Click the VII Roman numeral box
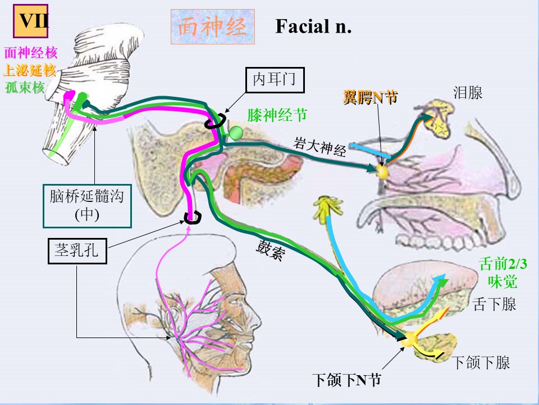[30, 21]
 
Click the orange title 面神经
[212, 27]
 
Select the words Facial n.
[313, 26]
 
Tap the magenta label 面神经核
[31, 53]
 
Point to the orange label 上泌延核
[29, 71]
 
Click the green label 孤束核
[25, 87]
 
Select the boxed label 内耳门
[275, 80]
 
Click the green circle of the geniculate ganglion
[236, 133]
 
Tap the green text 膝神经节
[277, 115]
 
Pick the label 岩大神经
[319, 147]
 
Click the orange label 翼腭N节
[370, 97]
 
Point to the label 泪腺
[468, 93]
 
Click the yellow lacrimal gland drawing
[438, 117]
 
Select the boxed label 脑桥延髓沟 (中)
[88, 206]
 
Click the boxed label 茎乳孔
[77, 251]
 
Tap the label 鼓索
[271, 250]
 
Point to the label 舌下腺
[494, 304]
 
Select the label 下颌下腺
[481, 363]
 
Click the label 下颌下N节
[347, 380]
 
